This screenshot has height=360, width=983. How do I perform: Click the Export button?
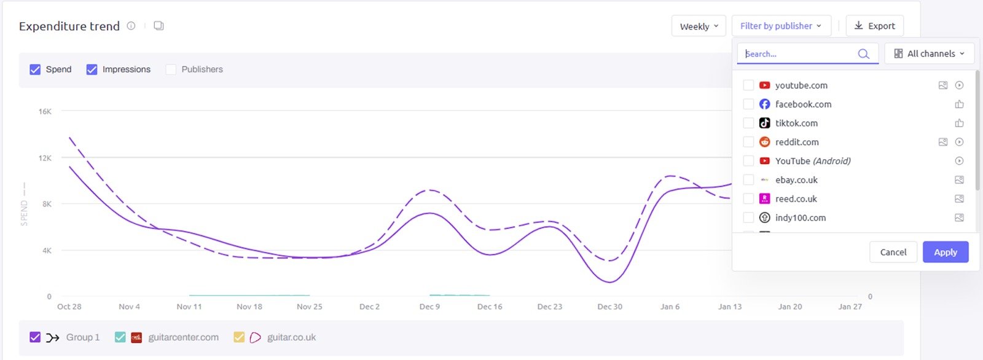pyautogui.click(x=874, y=26)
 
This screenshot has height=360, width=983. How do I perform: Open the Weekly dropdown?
pyautogui.click(x=699, y=26)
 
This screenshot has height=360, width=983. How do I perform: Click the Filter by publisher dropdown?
pyautogui.click(x=781, y=26)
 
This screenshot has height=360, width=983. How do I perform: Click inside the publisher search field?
pyautogui.click(x=799, y=53)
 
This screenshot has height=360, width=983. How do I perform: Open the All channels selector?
pyautogui.click(x=929, y=53)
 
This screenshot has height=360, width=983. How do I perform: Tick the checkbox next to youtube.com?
pyautogui.click(x=748, y=85)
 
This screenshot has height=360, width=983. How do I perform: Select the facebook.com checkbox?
pyautogui.click(x=748, y=104)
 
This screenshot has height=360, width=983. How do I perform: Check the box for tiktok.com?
pyautogui.click(x=748, y=123)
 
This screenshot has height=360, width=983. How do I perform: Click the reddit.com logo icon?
pyautogui.click(x=764, y=142)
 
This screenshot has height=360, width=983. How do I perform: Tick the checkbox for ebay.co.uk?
pyautogui.click(x=748, y=180)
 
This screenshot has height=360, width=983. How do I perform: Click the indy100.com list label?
pyautogui.click(x=800, y=217)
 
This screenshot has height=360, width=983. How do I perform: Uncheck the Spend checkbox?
pyautogui.click(x=35, y=69)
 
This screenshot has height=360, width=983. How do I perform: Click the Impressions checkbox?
pyautogui.click(x=92, y=69)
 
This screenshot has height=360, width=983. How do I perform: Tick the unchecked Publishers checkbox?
pyautogui.click(x=171, y=69)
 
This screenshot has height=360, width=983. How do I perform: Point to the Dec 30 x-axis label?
pyautogui.click(x=609, y=307)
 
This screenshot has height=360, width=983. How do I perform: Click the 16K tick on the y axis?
pyautogui.click(x=45, y=112)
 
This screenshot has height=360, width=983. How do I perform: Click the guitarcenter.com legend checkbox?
pyautogui.click(x=120, y=337)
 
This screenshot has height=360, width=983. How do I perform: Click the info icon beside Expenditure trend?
pyautogui.click(x=131, y=26)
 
